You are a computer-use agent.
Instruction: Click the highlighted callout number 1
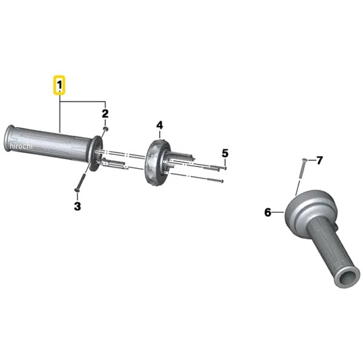point(60,85)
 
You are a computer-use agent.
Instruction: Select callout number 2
point(105,114)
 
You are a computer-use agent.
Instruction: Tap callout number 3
point(77,206)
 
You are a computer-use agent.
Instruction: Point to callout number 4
point(160,125)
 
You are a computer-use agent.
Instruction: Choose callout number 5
point(225,153)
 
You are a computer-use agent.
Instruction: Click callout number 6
point(268,212)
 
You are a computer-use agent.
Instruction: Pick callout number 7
point(319,160)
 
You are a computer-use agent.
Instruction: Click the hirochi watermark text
point(21,146)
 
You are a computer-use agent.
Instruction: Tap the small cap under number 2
point(106,128)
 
